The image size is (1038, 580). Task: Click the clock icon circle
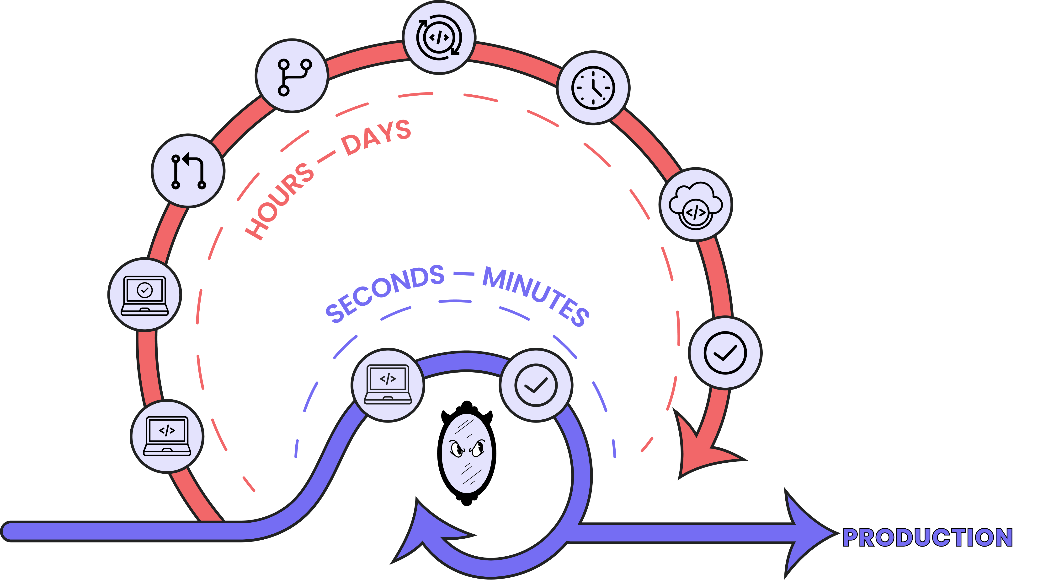tap(593, 87)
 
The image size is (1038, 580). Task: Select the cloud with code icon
tap(696, 205)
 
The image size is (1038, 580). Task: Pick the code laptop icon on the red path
tap(167, 436)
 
